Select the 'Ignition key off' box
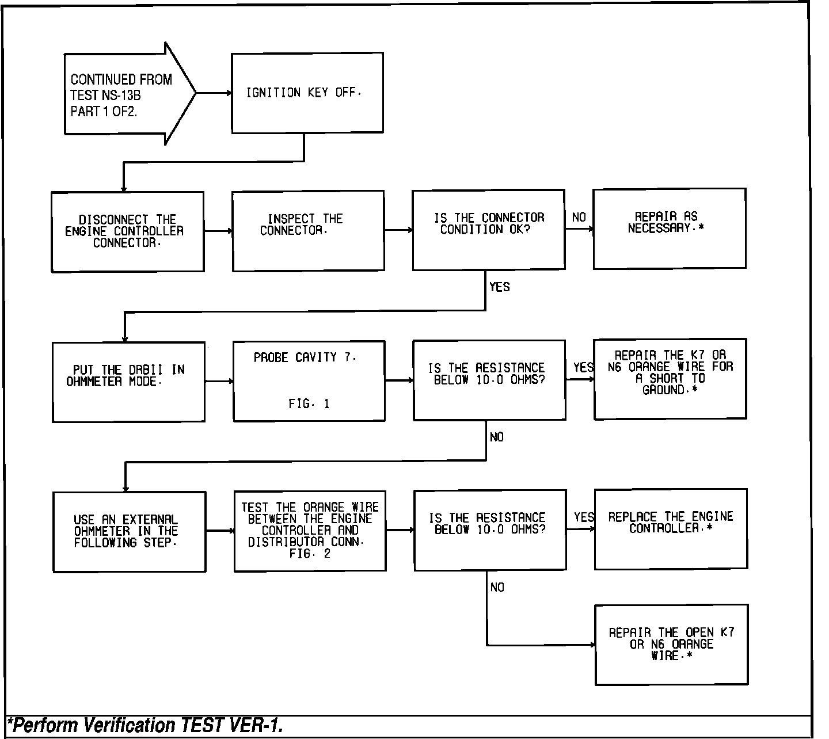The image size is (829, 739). (x=307, y=93)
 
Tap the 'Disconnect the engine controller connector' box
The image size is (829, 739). (x=127, y=231)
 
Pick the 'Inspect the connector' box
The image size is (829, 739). (x=308, y=230)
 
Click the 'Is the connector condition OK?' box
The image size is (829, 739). (x=488, y=229)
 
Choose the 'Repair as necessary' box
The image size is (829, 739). (x=669, y=228)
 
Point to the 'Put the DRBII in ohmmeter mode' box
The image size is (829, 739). (x=128, y=382)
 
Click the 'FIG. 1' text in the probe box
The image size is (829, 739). (x=309, y=404)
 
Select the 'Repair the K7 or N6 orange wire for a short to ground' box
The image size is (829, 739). (x=670, y=379)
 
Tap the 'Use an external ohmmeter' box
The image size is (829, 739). (x=129, y=531)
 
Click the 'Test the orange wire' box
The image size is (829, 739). (x=310, y=531)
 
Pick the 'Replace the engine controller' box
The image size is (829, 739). (x=671, y=529)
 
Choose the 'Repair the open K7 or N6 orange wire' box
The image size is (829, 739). (x=671, y=645)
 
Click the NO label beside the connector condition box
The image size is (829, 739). (x=579, y=217)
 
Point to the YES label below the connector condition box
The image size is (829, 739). (x=499, y=287)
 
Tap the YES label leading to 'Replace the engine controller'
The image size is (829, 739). (x=584, y=517)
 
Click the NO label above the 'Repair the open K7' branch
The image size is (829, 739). (x=497, y=587)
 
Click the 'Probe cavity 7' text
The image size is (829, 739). (x=305, y=357)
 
